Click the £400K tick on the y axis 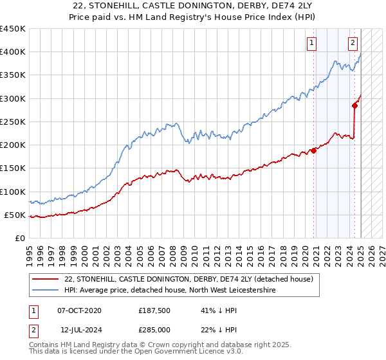[x=13, y=52]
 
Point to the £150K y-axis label [x=13, y=168]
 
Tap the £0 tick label [x=19, y=239]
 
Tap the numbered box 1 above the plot [x=311, y=43]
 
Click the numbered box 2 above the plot [x=353, y=43]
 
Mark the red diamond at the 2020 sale [x=314, y=150]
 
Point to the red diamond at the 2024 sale [x=354, y=105]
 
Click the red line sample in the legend [x=45, y=279]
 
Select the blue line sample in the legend [x=45, y=291]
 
